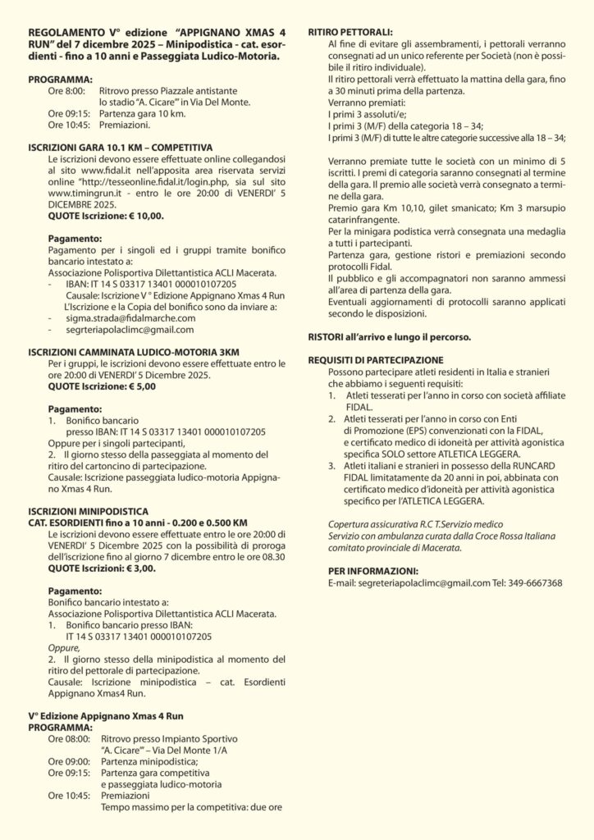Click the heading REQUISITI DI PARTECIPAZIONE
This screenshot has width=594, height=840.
point(376,359)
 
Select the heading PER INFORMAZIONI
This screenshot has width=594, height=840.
point(362,570)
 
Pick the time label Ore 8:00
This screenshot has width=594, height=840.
point(66,92)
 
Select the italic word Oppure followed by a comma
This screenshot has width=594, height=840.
point(64,647)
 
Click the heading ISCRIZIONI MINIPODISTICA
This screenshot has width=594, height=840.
point(88,510)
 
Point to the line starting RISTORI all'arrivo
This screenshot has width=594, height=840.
point(401,337)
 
